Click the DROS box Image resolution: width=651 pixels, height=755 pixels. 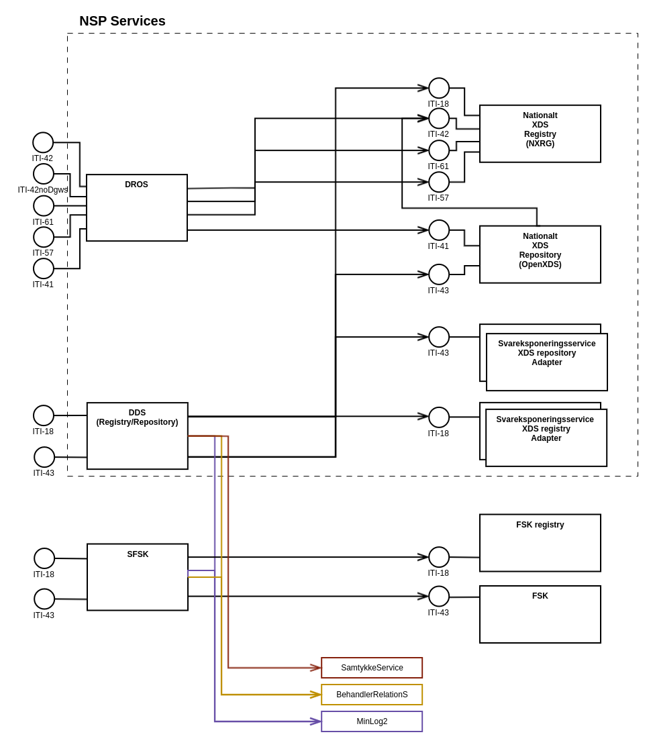click(x=137, y=207)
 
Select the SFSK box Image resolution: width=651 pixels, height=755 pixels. click(x=138, y=577)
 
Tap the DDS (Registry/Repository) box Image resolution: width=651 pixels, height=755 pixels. click(x=138, y=436)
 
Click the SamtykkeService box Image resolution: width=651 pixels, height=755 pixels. click(x=372, y=668)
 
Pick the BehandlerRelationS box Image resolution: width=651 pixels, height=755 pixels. click(x=372, y=695)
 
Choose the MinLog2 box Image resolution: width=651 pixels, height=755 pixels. click(x=372, y=721)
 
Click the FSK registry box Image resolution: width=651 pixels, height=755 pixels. click(x=540, y=543)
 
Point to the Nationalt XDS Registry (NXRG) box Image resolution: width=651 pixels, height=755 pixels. click(x=540, y=134)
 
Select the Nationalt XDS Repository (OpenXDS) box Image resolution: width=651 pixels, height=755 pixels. click(x=540, y=254)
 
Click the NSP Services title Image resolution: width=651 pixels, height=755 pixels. click(x=122, y=21)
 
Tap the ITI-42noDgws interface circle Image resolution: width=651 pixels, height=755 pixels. click(x=44, y=174)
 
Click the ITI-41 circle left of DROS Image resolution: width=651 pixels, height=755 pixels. click(x=44, y=268)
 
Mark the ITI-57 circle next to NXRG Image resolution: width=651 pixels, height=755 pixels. click(x=439, y=182)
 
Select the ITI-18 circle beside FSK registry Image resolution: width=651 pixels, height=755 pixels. click(x=439, y=557)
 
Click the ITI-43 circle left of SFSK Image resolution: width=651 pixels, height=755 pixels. click(x=44, y=599)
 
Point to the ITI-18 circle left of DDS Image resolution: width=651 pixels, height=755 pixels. click(x=44, y=415)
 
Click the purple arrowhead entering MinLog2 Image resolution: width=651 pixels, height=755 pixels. click(x=315, y=721)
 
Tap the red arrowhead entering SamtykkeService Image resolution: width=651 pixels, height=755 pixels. click(x=315, y=668)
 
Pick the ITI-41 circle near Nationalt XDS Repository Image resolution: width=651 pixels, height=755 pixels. click(x=439, y=230)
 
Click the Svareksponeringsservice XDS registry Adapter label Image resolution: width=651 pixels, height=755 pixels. click(x=545, y=429)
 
